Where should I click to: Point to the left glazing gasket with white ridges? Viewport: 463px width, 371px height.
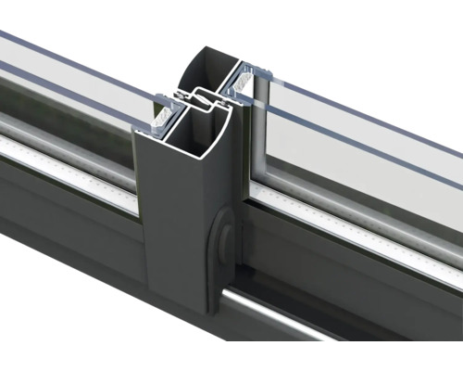coord(163,112)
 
